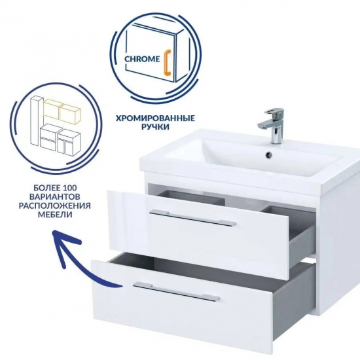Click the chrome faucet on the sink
click(273, 126)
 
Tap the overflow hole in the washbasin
click(268, 154)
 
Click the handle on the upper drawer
click(192, 217)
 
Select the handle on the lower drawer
click(176, 291)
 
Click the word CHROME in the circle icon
click(142, 59)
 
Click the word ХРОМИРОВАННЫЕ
click(155, 118)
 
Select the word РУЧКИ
click(155, 127)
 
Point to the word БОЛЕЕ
click(45, 188)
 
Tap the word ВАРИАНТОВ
click(55, 197)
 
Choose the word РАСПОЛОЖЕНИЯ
click(54, 206)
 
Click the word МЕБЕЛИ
click(55, 215)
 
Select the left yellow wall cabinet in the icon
click(52, 109)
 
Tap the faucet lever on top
click(275, 111)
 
